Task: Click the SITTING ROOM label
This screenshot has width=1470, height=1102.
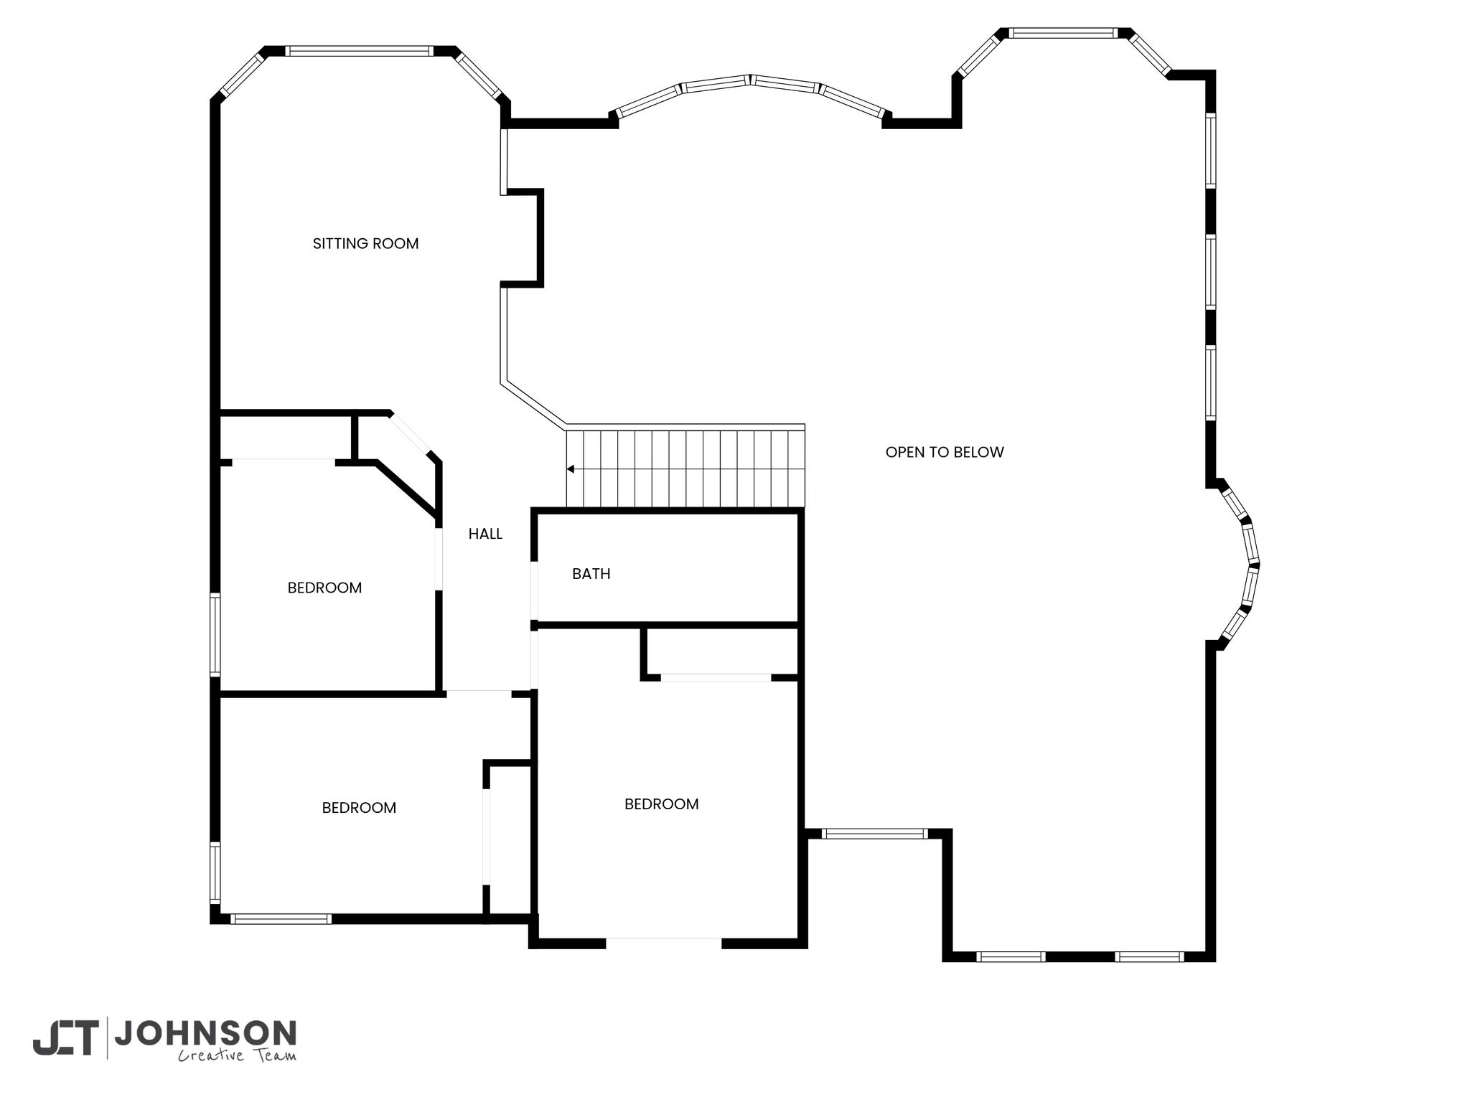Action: point(365,244)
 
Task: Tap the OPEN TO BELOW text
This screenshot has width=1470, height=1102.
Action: point(945,452)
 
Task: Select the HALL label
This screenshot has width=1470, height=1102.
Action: point(485,534)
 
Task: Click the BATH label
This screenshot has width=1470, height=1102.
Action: point(591,574)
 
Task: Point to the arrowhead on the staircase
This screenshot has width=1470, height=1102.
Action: point(571,469)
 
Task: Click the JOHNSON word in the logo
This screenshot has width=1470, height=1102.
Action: point(205,1034)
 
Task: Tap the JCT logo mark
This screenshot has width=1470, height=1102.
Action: point(65,1038)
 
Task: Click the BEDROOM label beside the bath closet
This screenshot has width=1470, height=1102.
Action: point(662,804)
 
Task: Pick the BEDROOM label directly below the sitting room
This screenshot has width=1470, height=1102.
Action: point(324,588)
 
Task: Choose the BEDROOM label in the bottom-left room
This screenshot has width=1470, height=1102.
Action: point(359,808)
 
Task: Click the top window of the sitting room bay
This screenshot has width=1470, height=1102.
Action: point(360,51)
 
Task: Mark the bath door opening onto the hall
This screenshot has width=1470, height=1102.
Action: point(534,590)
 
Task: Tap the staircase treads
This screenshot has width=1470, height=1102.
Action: point(685,468)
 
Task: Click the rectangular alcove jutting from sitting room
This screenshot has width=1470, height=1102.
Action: point(522,239)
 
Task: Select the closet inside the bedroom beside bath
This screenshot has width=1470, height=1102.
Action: point(721,651)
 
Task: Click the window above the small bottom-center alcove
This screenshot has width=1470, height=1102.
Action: point(874,834)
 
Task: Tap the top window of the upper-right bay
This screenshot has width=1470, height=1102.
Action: point(1063,33)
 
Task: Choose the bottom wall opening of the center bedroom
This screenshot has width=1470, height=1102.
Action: point(664,943)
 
